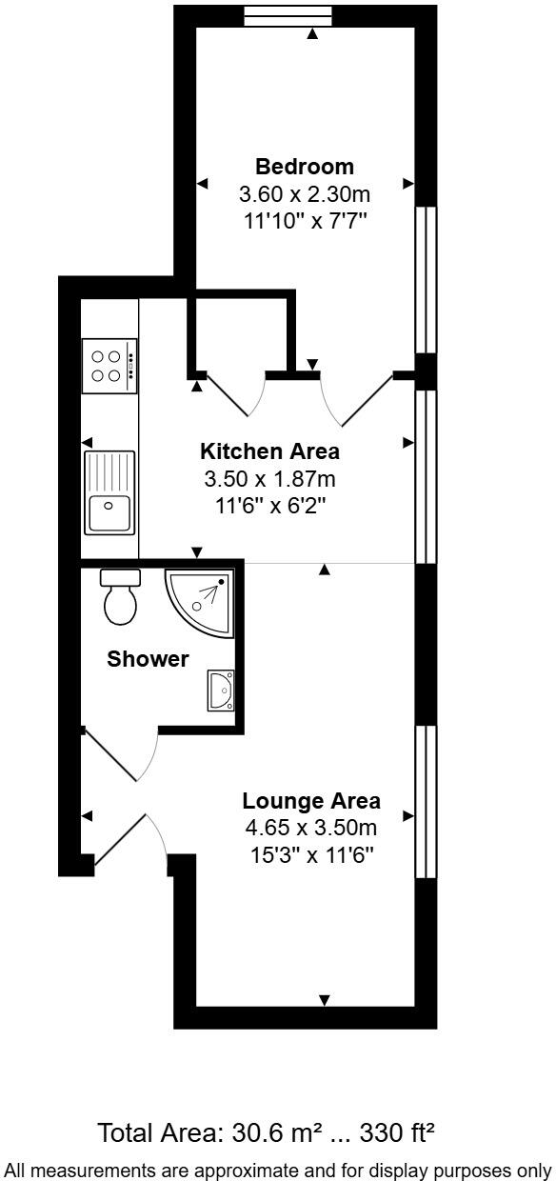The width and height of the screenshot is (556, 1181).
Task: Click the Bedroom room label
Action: coord(305,167)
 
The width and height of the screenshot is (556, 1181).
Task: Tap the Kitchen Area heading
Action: coord(269,451)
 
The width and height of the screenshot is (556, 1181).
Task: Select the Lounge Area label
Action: coord(311,800)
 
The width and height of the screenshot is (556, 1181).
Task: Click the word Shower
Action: coord(148,658)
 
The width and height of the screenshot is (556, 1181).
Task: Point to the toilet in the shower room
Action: coord(121,597)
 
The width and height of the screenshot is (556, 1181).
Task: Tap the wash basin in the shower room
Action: coord(221,691)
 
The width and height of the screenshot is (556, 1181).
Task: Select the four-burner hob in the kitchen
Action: coord(109,366)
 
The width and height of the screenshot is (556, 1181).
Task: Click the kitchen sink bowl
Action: coord(109,512)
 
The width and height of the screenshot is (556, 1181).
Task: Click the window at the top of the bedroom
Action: coord(288,16)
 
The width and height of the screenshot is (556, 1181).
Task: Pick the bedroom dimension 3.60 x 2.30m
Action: coord(305,194)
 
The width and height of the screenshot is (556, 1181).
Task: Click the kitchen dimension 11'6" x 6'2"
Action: coord(269,507)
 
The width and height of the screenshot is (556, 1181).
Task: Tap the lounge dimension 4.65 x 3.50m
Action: coord(311,828)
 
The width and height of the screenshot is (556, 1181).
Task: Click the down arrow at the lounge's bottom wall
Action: coord(325,999)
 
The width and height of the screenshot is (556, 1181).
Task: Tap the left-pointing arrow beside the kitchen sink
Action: coord(88,442)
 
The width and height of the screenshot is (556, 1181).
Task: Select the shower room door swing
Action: coord(148,753)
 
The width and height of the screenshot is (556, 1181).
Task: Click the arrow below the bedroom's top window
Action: coord(313,34)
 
